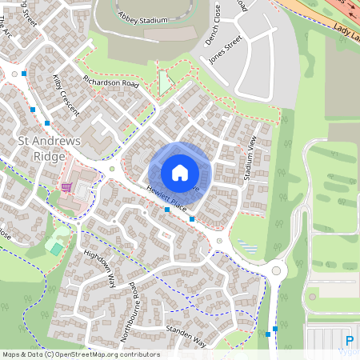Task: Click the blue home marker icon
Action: click(180, 173)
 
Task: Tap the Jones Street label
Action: click(225, 48)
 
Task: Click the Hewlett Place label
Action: click(166, 198)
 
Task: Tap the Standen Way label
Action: click(185, 337)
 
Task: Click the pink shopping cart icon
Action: click(66, 187)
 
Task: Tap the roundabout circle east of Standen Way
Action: click(277, 270)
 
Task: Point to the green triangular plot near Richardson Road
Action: click(165, 82)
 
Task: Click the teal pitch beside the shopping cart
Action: click(55, 248)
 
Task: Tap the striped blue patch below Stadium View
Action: click(247, 245)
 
